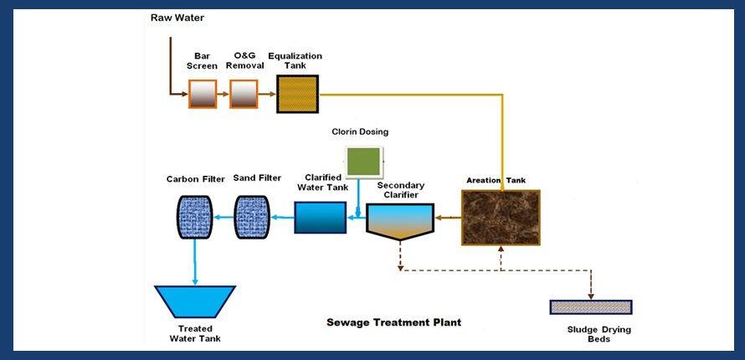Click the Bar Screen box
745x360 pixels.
point(203,95)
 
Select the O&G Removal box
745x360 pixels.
point(244,95)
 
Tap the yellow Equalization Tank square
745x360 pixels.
point(297,95)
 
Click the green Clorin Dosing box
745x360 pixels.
point(364,161)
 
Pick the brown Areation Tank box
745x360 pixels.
point(501,218)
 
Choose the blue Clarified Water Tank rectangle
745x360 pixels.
point(320,218)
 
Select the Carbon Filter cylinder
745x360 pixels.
point(193,217)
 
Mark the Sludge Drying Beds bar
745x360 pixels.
point(590,307)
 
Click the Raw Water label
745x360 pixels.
point(177,18)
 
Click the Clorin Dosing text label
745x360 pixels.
point(360,132)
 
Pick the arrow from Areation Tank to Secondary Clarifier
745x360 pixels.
point(447,218)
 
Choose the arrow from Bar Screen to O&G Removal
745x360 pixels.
point(223,95)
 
